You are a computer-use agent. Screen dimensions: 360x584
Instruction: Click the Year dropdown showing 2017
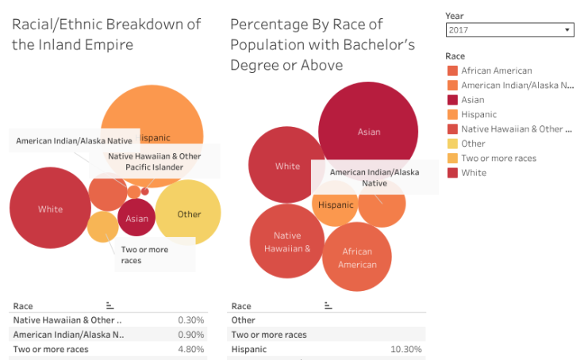pos(509,30)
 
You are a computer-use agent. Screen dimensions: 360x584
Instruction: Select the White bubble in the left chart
pos(50,209)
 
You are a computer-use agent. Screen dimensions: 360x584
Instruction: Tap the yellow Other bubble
pos(189,214)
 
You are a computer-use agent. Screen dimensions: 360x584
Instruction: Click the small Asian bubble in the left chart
pos(136,219)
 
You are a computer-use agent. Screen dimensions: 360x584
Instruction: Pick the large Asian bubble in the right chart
pos(368,132)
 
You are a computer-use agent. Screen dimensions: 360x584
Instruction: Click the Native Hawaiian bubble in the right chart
pos(287,241)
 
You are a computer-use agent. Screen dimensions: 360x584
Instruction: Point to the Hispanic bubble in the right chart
pos(336,205)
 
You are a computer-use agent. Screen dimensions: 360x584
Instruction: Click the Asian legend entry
pos(473,100)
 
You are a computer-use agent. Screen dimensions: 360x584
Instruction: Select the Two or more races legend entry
pos(498,158)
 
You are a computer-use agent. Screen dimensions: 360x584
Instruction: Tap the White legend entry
pos(474,172)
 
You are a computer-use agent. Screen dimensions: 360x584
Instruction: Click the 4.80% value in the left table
pos(190,349)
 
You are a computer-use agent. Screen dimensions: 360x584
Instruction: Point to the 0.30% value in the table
pos(191,320)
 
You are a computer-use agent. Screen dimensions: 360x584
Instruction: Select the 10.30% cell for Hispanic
pos(405,349)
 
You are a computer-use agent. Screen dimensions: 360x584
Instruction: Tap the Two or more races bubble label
pos(144,255)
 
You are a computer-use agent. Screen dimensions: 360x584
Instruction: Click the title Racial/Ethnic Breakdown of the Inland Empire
pos(106,34)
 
